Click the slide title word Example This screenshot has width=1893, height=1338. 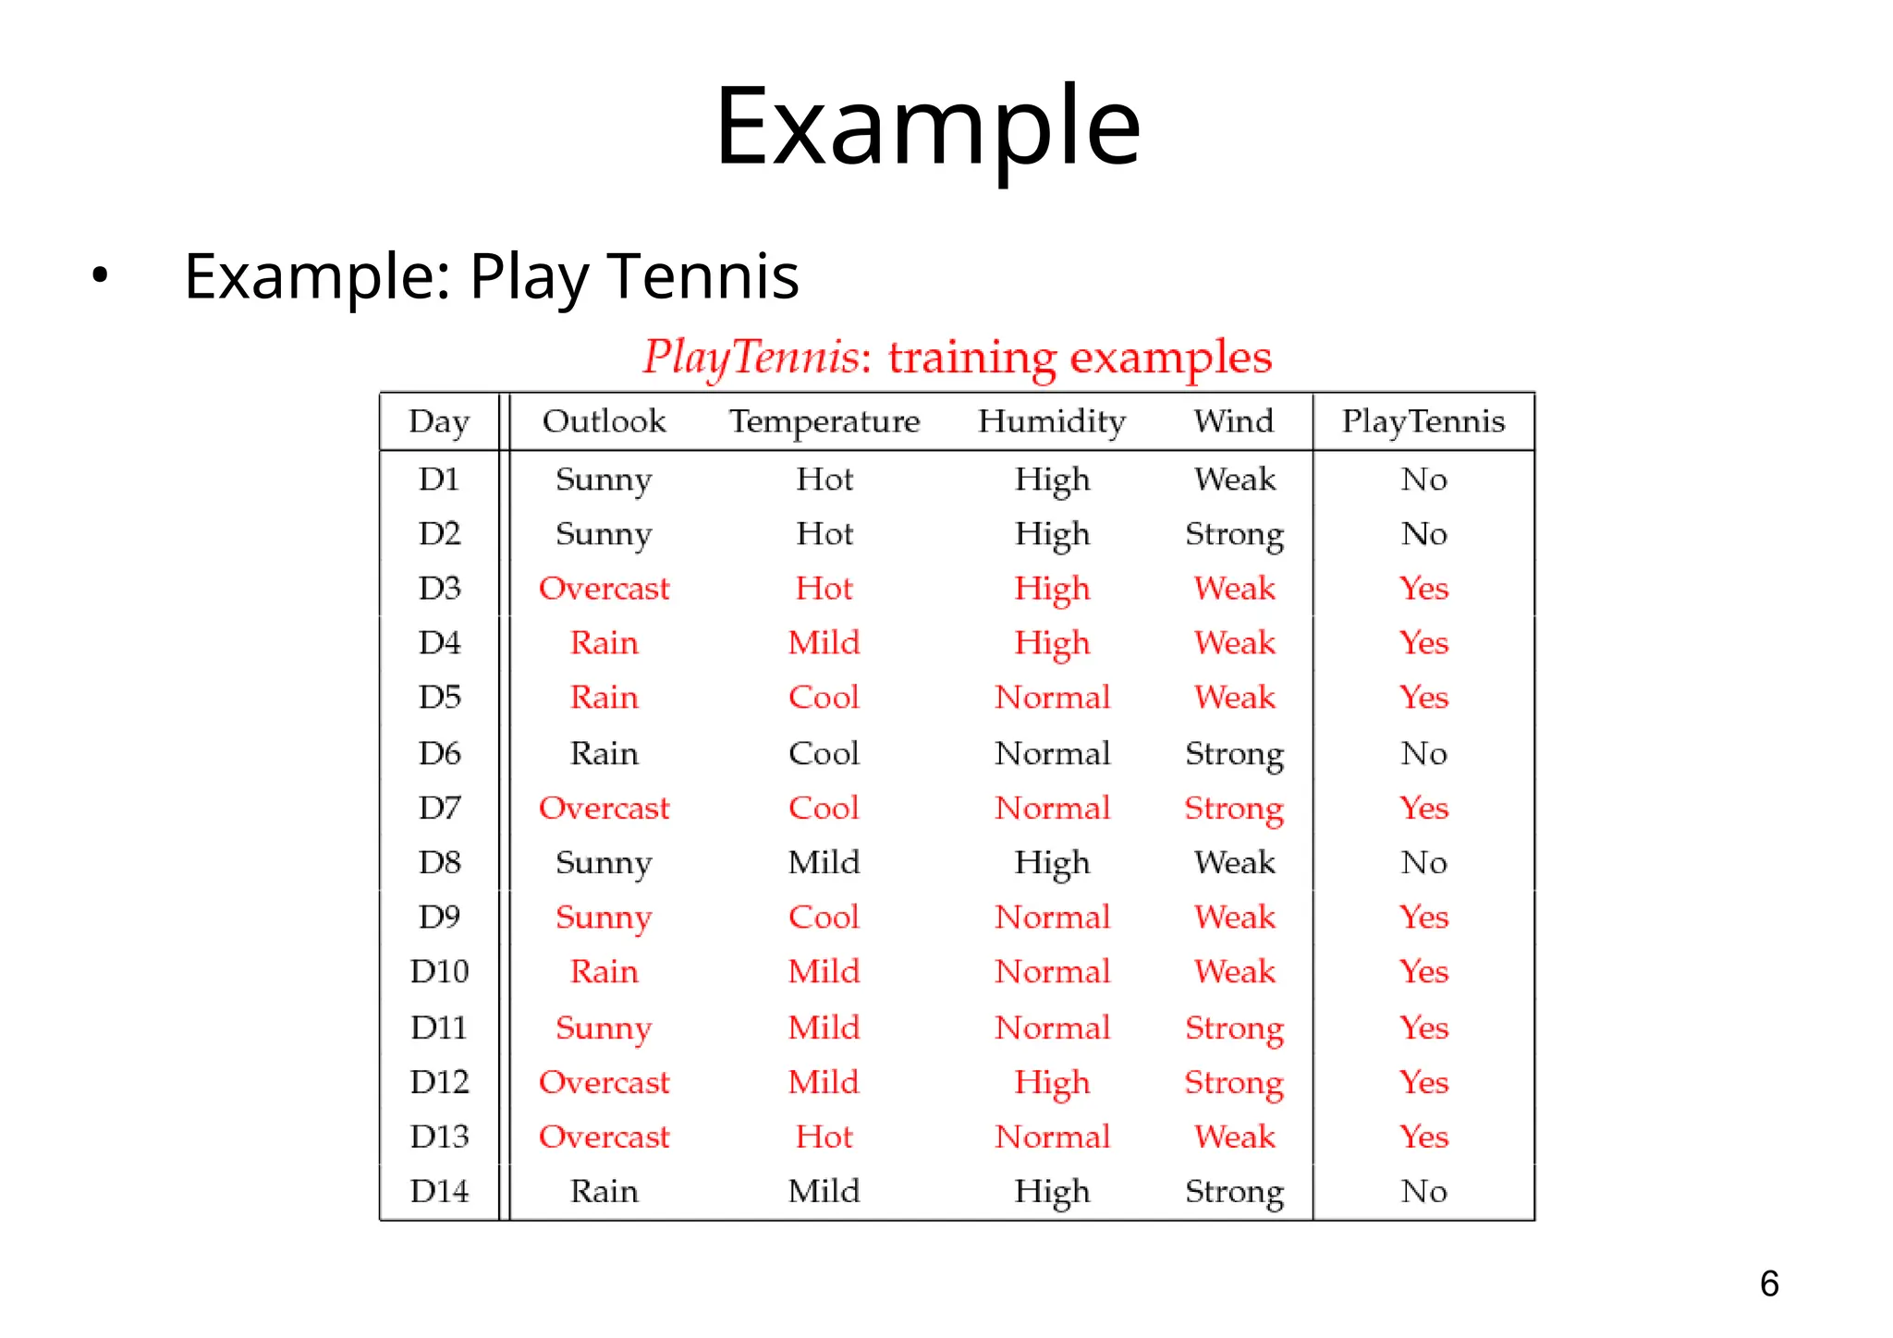click(928, 128)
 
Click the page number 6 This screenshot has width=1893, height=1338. click(1769, 1283)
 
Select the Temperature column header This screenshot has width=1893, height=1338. click(824, 421)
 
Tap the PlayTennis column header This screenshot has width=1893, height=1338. click(1423, 421)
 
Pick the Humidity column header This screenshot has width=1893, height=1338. click(1052, 421)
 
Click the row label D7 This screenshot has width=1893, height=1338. click(439, 809)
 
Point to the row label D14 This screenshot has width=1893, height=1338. click(439, 1191)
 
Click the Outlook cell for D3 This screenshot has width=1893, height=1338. click(604, 589)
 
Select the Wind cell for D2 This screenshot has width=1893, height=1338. click(1234, 534)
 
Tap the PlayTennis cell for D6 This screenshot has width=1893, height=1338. click(1423, 754)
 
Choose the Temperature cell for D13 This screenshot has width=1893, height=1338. click(824, 1137)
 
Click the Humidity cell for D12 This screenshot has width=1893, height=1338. click(1052, 1082)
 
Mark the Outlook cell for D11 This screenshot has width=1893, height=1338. click(604, 1028)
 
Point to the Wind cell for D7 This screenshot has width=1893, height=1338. click(1234, 809)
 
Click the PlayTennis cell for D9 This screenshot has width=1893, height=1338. click(1423, 918)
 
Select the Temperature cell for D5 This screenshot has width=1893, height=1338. click(824, 698)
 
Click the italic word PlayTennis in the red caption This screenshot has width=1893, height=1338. click(751, 358)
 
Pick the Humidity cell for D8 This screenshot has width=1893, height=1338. click(1052, 863)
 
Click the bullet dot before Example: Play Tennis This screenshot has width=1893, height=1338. click(100, 274)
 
